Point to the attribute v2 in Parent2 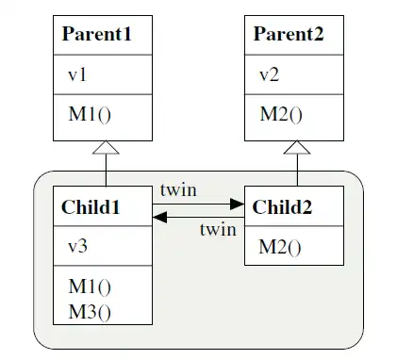coord(268,74)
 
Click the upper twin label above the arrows coord(178,189)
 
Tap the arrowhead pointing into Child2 coord(238,203)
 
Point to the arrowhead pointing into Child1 coord(160,217)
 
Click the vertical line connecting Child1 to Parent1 coord(107,170)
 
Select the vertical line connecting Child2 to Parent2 coord(298,170)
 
